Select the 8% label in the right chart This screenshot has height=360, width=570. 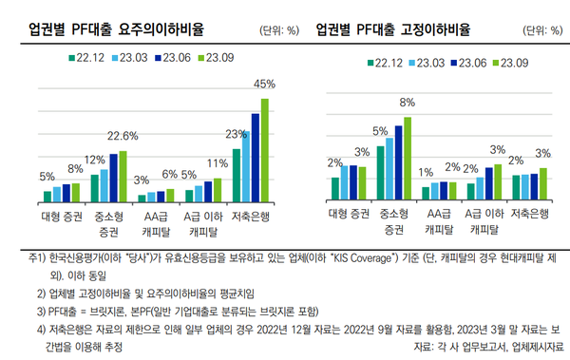[407, 102]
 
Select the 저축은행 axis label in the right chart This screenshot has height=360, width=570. [530, 214]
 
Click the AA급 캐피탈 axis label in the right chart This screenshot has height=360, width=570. [437, 220]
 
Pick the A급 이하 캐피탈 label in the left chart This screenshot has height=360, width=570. [203, 221]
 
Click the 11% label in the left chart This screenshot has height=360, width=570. [217, 162]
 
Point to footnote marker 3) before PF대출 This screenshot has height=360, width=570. [42, 310]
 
